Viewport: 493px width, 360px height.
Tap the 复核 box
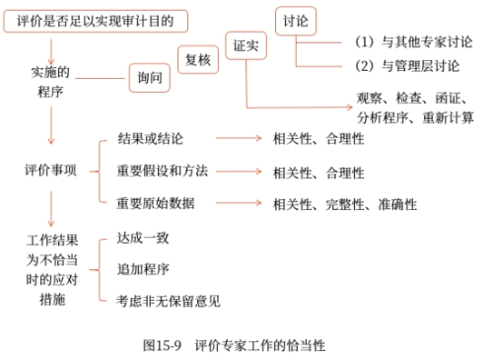pos(197,59)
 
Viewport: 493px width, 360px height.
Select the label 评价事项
pos(50,170)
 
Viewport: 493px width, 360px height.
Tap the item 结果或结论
pos(150,140)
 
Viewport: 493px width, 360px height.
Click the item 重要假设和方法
pos(162,172)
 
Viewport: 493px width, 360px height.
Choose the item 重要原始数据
pos(156,203)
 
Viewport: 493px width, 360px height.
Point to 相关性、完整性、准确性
pos(345,203)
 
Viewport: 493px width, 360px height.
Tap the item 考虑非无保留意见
pos(168,299)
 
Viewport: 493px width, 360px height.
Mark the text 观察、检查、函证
pos(414,99)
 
